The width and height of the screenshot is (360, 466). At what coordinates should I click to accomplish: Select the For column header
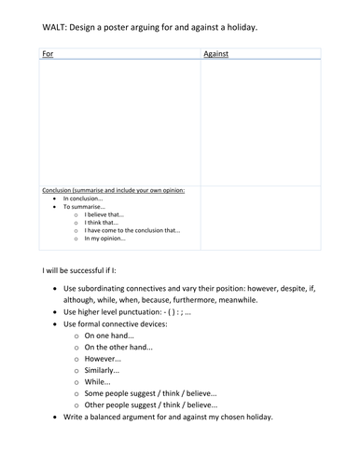48,55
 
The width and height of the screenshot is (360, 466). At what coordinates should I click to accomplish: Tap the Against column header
217,55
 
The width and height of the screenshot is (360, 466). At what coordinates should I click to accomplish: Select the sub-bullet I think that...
101,222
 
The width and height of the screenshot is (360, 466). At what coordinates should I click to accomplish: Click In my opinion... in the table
104,239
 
